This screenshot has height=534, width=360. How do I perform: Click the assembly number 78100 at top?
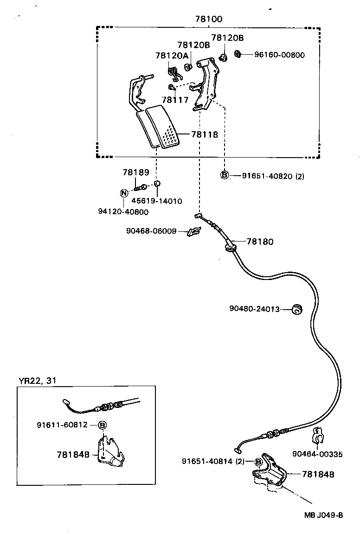pyautogui.click(x=208, y=19)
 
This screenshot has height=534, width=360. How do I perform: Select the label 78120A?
pyautogui.click(x=172, y=56)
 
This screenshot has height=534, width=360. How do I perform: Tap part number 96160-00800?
pyautogui.click(x=279, y=55)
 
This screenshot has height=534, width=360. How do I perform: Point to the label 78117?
pyautogui.click(x=175, y=99)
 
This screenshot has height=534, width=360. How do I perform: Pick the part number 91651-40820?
pyautogui.click(x=267, y=176)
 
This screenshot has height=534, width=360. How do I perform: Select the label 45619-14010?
pyautogui.click(x=157, y=201)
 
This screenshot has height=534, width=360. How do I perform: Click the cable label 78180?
pyautogui.click(x=260, y=242)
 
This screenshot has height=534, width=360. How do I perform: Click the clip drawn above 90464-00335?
pyautogui.click(x=318, y=435)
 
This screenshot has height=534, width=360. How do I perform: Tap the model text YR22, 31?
pyautogui.click(x=38, y=381)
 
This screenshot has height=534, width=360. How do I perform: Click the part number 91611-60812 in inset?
pyautogui.click(x=62, y=425)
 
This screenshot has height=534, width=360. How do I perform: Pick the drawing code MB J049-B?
pyautogui.click(x=323, y=515)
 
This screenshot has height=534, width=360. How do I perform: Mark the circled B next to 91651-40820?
pyautogui.click(x=225, y=175)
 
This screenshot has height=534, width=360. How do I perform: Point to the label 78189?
pyautogui.click(x=136, y=172)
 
